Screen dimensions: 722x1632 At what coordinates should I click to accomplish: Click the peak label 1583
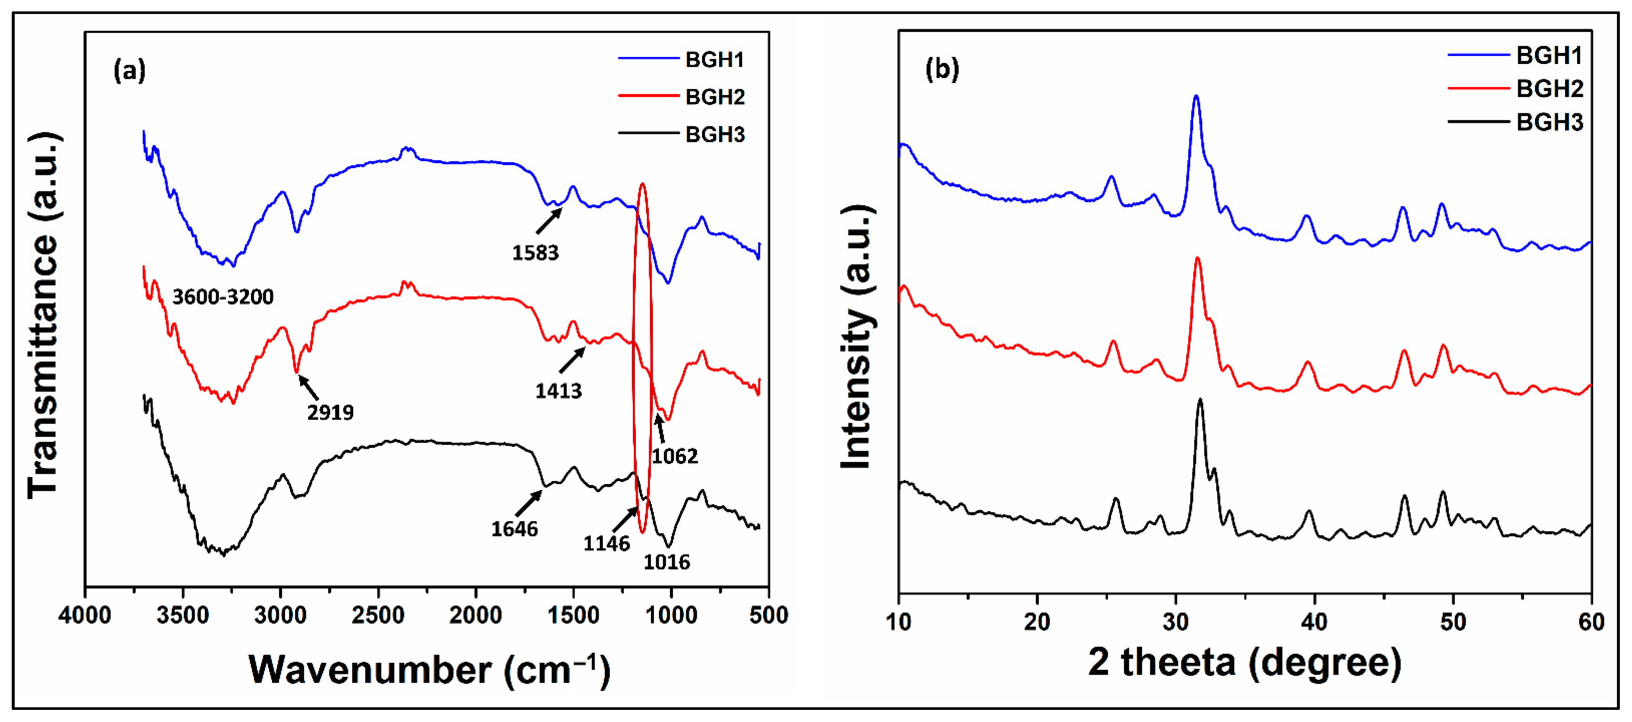coord(535,253)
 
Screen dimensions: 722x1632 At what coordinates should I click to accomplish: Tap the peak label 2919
coord(330,413)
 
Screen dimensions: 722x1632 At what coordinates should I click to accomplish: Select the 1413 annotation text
coord(558,391)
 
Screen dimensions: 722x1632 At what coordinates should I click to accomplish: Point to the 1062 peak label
coord(675,456)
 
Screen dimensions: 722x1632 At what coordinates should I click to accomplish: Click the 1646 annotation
coord(515,529)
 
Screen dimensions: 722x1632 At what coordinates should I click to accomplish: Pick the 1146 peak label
coord(606,543)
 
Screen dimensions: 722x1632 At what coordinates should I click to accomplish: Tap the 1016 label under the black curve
coord(666,562)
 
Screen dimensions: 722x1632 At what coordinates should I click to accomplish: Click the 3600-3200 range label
coord(223,297)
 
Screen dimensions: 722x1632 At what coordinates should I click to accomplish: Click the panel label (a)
coord(129,70)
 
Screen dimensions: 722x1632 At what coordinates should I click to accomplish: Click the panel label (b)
coord(942,68)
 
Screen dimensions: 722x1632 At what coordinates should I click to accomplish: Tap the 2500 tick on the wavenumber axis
coord(378,615)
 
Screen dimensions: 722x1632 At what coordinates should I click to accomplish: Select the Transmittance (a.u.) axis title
coord(43,316)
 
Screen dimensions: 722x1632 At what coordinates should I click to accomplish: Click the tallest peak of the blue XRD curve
coord(1196,97)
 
